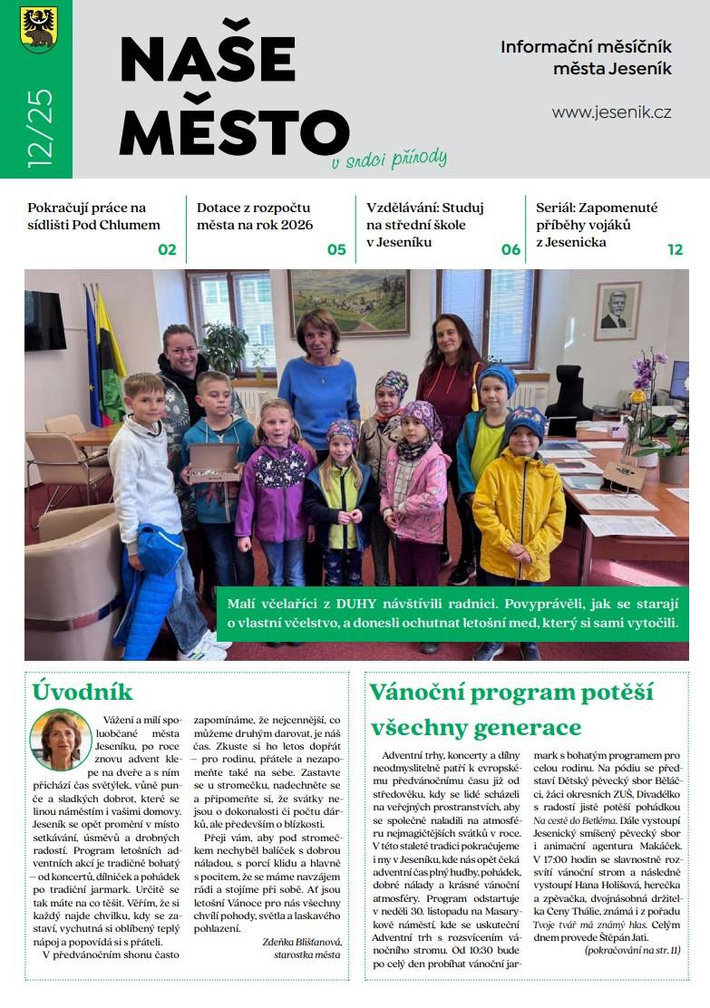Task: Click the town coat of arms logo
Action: [38, 29]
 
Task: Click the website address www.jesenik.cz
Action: [611, 112]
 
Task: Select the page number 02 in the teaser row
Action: [167, 249]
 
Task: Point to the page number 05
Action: [336, 249]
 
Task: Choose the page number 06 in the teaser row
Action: [511, 249]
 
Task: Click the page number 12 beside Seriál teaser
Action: [675, 249]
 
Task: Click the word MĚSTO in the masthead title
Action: [233, 131]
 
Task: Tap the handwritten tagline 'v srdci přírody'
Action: [389, 160]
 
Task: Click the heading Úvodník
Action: [83, 692]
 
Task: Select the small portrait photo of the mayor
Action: [60, 740]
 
